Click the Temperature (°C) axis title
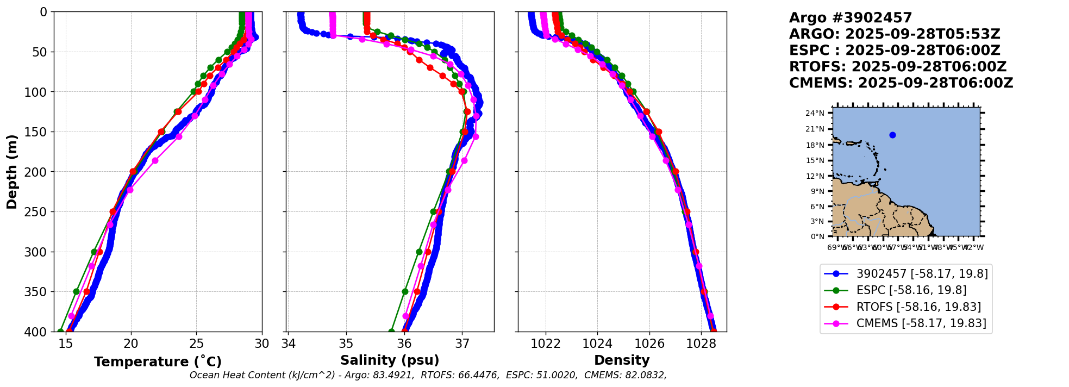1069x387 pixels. click(x=158, y=362)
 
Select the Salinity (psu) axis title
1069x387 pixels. click(x=390, y=360)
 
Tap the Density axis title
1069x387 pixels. click(x=622, y=360)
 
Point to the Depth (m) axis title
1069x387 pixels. click(x=12, y=172)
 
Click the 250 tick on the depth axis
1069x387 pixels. click(x=38, y=212)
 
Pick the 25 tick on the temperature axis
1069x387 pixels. click(x=196, y=344)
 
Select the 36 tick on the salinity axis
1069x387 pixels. click(x=404, y=344)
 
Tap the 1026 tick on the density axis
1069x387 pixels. click(x=649, y=344)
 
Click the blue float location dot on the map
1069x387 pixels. click(x=892, y=135)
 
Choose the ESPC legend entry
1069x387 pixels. click(x=911, y=290)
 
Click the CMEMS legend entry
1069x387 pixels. click(x=921, y=323)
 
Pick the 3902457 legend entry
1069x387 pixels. click(x=922, y=274)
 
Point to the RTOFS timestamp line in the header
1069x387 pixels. click(x=898, y=67)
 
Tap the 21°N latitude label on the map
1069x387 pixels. click(x=815, y=129)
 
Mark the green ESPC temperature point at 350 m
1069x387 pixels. click(x=77, y=291)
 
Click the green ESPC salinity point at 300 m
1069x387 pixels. click(x=419, y=252)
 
